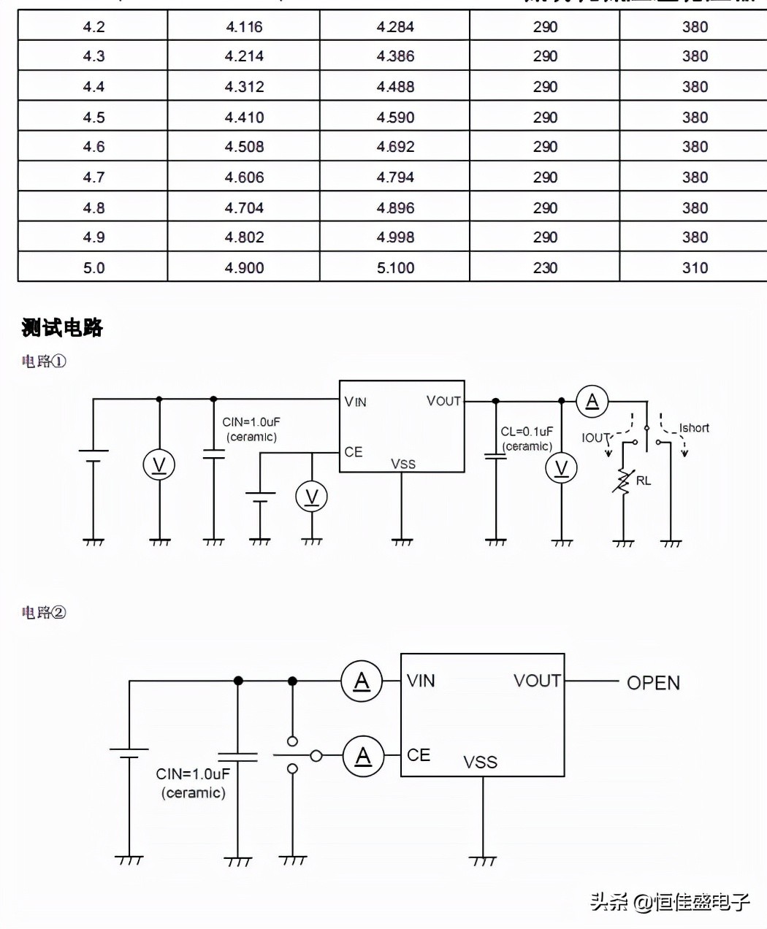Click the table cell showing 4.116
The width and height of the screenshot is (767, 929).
coord(244,27)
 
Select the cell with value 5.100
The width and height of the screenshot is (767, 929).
coord(395,268)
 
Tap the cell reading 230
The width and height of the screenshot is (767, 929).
coord(545,268)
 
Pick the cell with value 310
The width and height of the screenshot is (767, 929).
coord(695,268)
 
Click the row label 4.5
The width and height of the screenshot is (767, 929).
coord(94,118)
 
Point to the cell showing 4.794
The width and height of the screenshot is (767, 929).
coord(395,177)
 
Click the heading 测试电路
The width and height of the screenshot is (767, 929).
coord(62,328)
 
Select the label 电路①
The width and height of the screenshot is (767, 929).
coord(44,362)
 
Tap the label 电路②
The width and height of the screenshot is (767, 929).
coord(44,613)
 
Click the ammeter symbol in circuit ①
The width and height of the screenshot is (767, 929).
coord(592,401)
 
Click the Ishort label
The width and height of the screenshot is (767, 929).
coord(694,429)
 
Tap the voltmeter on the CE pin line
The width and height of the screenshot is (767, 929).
coord(311,497)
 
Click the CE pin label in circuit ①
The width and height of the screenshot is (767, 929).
coord(354,452)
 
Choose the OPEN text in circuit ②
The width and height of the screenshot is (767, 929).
coord(653,683)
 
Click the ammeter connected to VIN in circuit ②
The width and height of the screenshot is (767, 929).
coord(362,681)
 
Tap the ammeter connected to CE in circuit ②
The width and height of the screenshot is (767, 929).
coord(363,757)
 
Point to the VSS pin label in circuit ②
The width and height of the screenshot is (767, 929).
coord(480,762)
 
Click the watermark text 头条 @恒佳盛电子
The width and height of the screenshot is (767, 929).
coord(670,902)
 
